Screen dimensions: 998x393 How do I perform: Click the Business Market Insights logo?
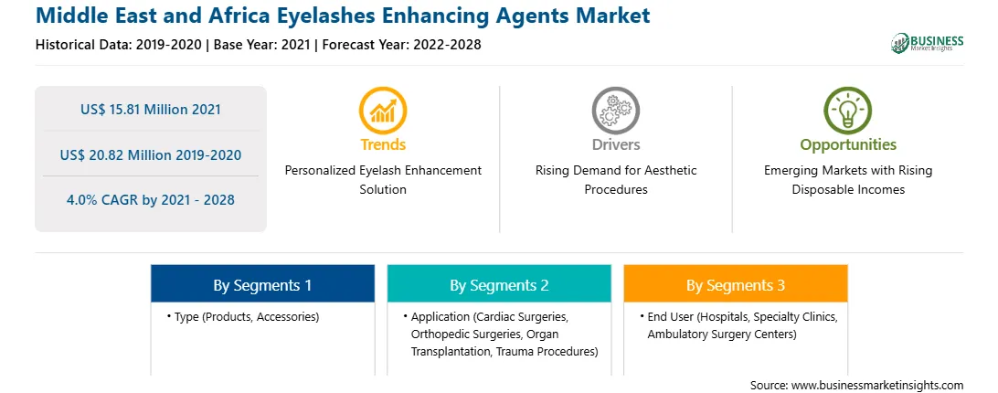click(927, 43)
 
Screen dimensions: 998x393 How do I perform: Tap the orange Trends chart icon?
click(383, 111)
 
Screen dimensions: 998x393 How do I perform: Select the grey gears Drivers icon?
click(615, 111)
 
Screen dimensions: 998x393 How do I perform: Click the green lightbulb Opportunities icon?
click(848, 111)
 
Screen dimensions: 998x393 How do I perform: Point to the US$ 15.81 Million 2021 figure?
click(151, 109)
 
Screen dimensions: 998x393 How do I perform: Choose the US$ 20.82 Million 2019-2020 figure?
click(151, 154)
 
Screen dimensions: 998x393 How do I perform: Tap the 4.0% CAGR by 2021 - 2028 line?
click(151, 200)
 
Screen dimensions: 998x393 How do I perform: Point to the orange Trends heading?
click(383, 144)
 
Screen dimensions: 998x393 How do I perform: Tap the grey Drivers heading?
click(615, 144)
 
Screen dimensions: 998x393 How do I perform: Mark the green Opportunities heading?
click(848, 144)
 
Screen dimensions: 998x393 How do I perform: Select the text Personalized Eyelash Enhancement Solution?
click(383, 180)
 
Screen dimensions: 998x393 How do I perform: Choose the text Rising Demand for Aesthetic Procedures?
click(615, 180)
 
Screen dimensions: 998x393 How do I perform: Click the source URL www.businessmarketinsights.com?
click(877, 386)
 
